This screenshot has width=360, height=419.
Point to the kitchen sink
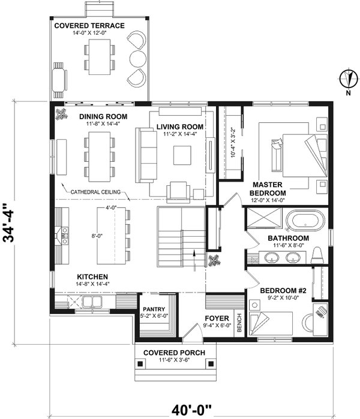pyautogui.click(x=93, y=302)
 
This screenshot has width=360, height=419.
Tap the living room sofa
pyautogui.click(x=145, y=154)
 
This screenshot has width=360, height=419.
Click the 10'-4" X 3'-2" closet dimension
pyautogui.click(x=232, y=143)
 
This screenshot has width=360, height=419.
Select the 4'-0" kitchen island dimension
pyautogui.click(x=110, y=207)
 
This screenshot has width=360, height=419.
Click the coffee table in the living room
pyautogui.click(x=182, y=155)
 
